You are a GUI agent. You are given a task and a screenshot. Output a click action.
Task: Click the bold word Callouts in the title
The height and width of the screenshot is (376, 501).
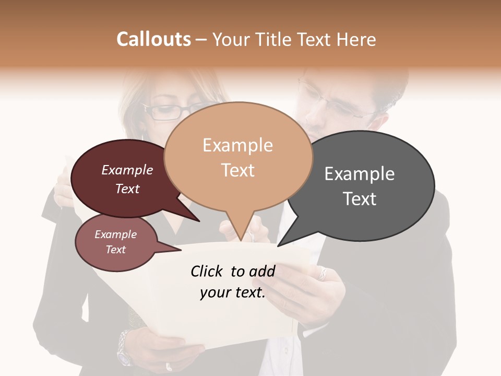tap(153, 40)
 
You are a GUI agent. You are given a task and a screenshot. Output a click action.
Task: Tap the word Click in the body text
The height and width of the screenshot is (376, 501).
tap(207, 271)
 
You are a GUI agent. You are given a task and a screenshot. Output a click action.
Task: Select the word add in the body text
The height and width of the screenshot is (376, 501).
tap(262, 271)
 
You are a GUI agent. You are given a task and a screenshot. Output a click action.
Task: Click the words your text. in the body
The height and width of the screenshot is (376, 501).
tap(233, 293)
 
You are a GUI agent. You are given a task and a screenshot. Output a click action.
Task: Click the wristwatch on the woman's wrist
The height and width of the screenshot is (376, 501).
tap(124, 347)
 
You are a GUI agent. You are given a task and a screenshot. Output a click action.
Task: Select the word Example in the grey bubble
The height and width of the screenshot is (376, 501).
tap(360, 174)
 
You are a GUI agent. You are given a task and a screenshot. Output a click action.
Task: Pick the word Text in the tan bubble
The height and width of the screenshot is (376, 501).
tap(238, 170)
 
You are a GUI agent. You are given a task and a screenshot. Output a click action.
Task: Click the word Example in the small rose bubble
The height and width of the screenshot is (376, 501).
tap(115, 234)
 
